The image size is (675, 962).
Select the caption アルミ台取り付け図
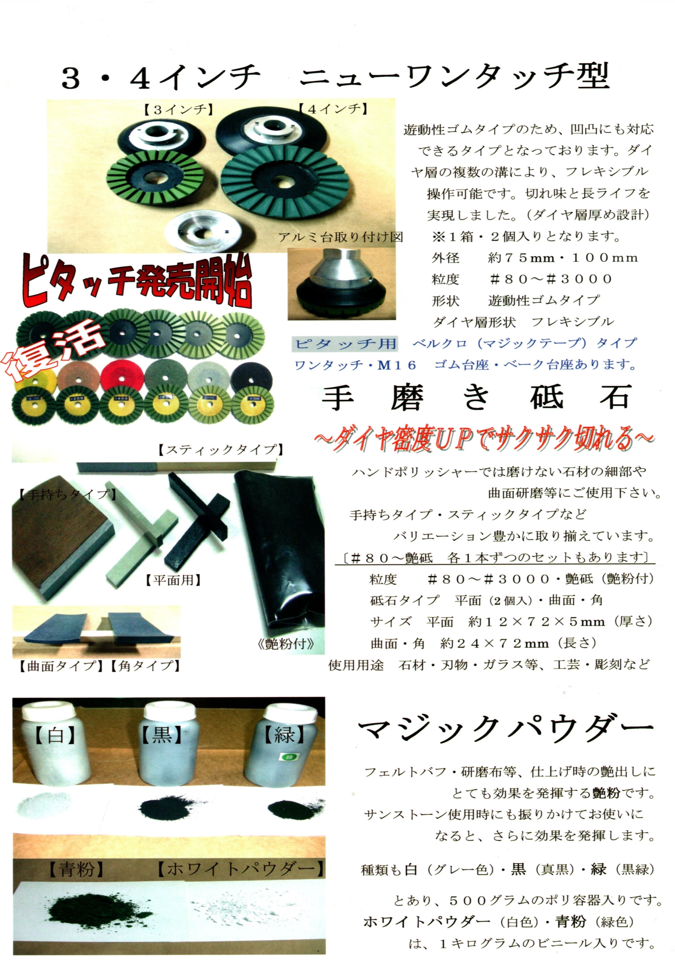click(341, 238)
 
